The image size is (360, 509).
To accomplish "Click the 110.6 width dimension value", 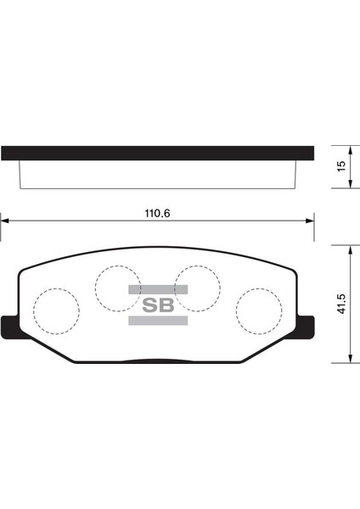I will [158, 214].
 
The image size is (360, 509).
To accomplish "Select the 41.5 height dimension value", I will [340, 305].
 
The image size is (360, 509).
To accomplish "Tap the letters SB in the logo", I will [158, 305].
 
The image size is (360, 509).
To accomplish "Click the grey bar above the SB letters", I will [158, 289].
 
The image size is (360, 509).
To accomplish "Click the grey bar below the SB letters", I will [158, 321].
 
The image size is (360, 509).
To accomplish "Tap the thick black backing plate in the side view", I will [158, 154].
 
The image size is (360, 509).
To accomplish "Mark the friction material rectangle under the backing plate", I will [158, 176].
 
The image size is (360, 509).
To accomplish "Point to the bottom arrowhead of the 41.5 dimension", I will [349, 361].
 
